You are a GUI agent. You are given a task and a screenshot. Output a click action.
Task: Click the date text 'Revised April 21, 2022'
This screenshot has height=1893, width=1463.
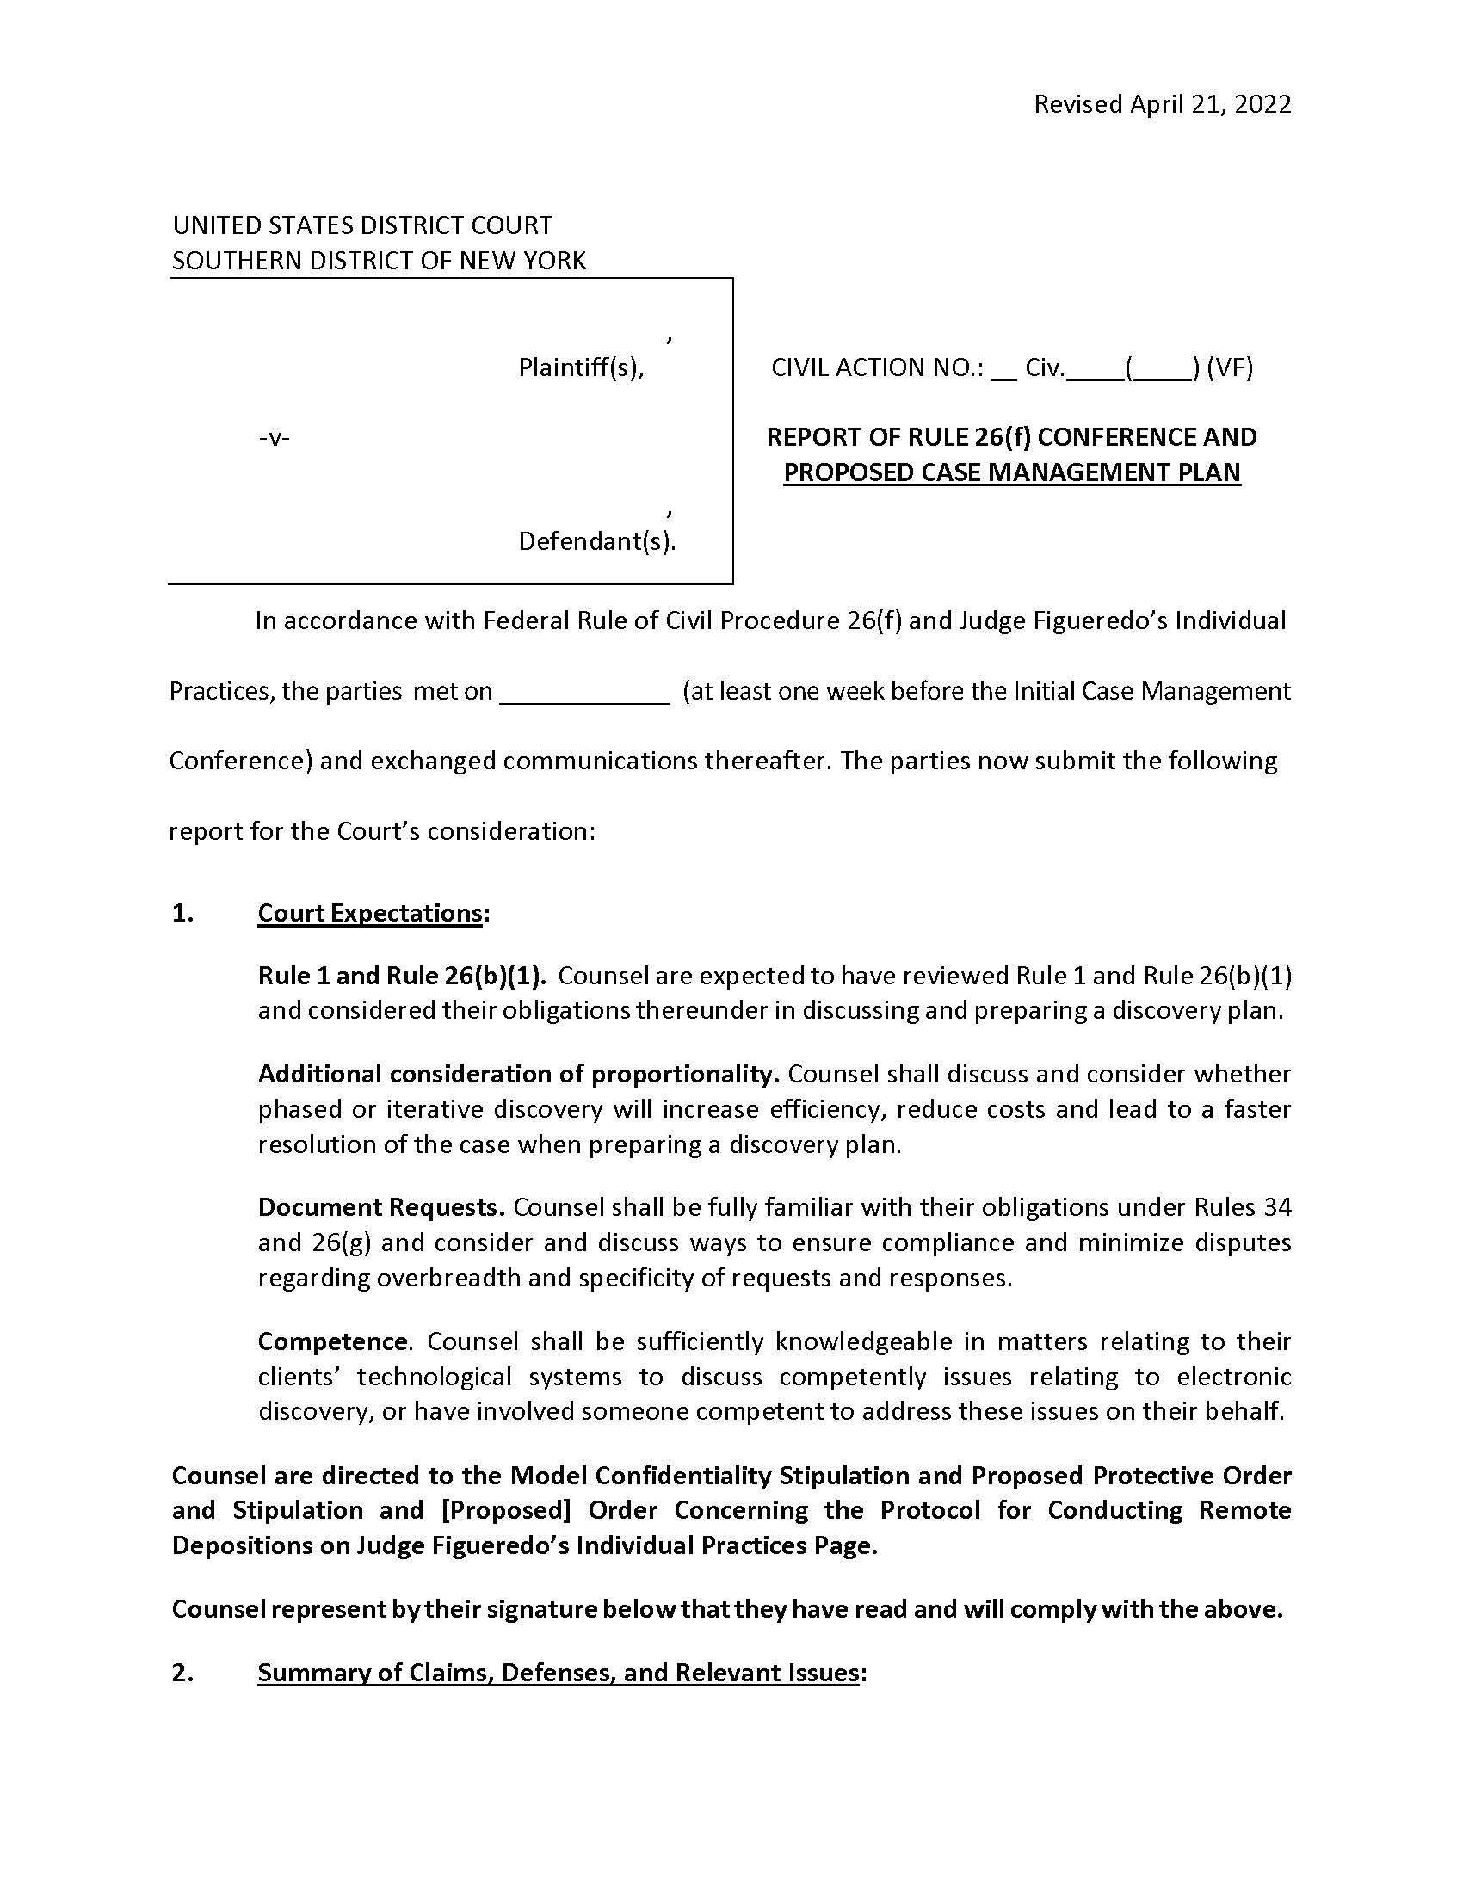click(x=1162, y=104)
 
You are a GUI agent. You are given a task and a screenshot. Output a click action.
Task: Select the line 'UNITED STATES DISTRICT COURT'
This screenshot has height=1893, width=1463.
click(x=362, y=225)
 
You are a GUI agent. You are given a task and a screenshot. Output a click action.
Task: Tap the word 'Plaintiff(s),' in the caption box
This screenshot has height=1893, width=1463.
click(x=581, y=367)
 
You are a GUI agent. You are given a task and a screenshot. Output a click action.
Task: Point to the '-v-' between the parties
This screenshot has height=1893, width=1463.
click(x=274, y=438)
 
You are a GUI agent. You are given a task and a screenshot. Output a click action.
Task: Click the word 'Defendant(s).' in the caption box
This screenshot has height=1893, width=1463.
click(x=596, y=541)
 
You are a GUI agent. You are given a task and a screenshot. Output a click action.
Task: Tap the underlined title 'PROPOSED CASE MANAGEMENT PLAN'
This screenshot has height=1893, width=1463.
click(x=1011, y=472)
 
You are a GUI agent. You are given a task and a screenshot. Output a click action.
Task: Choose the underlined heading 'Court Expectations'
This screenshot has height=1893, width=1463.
click(x=369, y=913)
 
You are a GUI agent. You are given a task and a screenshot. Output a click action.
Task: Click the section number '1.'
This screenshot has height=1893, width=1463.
click(x=182, y=913)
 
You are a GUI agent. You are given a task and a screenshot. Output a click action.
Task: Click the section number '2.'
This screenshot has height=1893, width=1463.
click(x=182, y=1672)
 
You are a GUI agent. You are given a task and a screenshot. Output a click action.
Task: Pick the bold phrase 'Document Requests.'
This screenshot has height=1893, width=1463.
click(x=381, y=1206)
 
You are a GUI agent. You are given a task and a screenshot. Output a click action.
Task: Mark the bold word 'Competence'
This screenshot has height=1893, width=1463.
click(x=333, y=1341)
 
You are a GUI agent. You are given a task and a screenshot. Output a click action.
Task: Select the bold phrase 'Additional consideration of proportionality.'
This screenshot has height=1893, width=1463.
click(x=518, y=1074)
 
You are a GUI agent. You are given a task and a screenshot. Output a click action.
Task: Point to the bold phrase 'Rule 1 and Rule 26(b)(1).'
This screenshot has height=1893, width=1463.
click(x=402, y=976)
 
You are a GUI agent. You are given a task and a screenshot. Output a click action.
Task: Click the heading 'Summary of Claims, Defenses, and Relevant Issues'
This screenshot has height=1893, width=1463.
click(x=559, y=1672)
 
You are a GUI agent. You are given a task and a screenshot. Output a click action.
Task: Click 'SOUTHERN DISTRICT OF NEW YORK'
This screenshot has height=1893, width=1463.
click(x=379, y=260)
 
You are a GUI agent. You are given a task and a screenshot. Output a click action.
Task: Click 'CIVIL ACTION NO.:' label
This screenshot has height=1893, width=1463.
click(x=877, y=367)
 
